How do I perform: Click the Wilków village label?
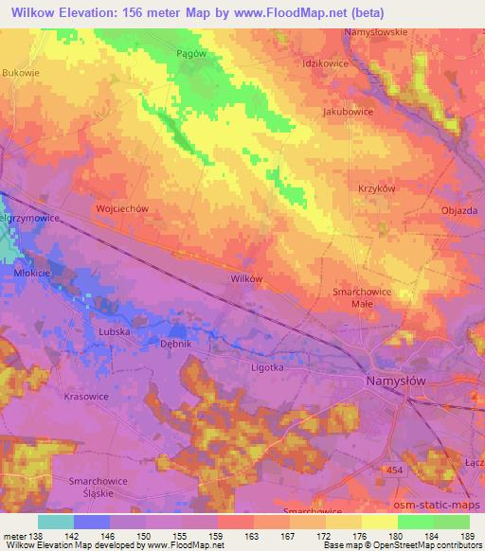[x=246, y=278]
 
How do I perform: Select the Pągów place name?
[x=192, y=54]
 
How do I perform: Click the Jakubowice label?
[x=348, y=111]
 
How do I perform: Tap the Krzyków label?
[x=376, y=188]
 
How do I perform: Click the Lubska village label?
[x=114, y=333]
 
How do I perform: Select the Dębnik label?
[x=175, y=347]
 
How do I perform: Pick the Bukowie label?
[x=20, y=72]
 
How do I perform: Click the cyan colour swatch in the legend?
[x=55, y=522]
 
